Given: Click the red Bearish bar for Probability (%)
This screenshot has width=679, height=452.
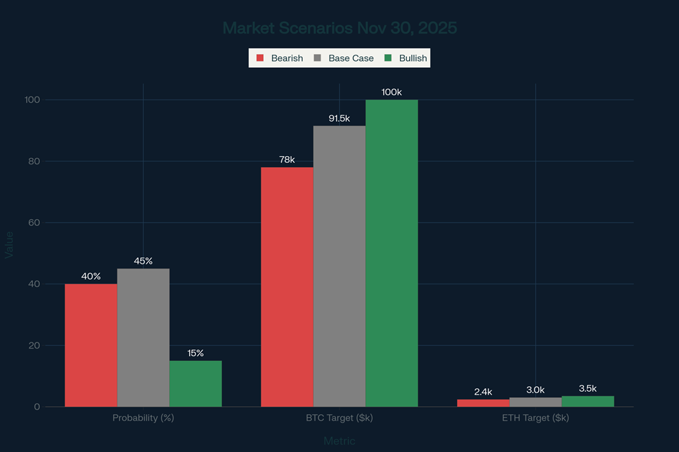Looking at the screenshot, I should click(x=91, y=345).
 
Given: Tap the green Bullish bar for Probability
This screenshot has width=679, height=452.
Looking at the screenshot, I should click(x=195, y=384).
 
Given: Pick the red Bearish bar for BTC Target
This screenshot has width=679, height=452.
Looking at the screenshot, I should click(x=287, y=287).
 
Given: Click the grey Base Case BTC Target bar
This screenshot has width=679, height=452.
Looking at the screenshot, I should click(x=339, y=266).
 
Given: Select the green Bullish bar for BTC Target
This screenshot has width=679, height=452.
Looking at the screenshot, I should click(x=391, y=253).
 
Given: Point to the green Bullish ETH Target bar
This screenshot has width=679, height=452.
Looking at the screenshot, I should click(x=587, y=401).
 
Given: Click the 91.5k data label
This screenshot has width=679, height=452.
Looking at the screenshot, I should click(x=339, y=118).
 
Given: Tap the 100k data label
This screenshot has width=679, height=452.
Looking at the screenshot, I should click(x=391, y=92).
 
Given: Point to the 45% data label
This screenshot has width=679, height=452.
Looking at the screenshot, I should click(x=143, y=261).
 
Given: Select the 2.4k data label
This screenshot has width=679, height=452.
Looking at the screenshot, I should click(x=483, y=392).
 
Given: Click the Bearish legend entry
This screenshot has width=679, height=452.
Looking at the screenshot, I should click(x=280, y=58).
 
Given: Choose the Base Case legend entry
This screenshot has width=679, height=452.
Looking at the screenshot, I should click(x=344, y=58).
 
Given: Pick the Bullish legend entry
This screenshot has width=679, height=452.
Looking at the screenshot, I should click(x=406, y=58).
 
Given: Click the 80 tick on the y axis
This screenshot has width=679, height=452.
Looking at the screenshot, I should click(x=34, y=162).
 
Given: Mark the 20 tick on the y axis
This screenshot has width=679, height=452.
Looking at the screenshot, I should click(x=34, y=345).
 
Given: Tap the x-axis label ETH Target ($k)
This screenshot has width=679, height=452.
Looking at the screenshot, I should click(x=535, y=418).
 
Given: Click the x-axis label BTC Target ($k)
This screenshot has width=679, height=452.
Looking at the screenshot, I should click(x=339, y=418).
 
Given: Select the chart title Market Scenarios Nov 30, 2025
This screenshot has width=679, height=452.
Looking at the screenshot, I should click(x=339, y=28).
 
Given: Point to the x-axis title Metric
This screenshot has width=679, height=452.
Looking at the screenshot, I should click(x=339, y=441).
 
